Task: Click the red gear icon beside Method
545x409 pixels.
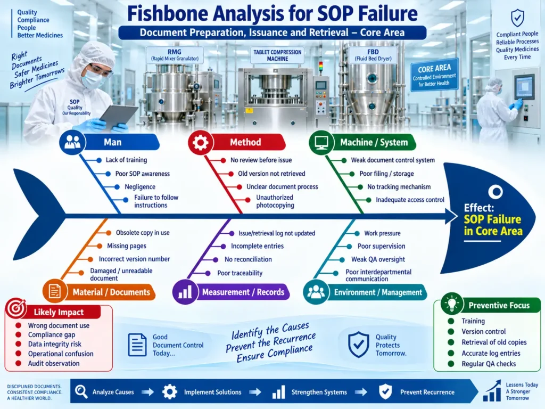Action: pyautogui.click(x=201, y=142)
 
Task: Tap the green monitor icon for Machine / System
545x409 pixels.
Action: pyautogui.click(x=321, y=142)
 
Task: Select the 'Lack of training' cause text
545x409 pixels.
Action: pyautogui.click(x=126, y=160)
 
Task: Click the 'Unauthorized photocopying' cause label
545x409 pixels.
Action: pyautogui.click(x=275, y=201)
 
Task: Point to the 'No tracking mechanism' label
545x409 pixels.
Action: pyautogui.click(x=399, y=187)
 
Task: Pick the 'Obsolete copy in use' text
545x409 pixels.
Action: pyautogui.click(x=143, y=233)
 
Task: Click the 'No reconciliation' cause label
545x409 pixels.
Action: pyautogui.click(x=248, y=259)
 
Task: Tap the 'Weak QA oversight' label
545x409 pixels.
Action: pyautogui.click(x=378, y=259)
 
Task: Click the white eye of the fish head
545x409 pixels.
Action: pyautogui.click(x=495, y=191)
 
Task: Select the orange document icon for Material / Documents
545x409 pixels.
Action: pyautogui.click(x=55, y=291)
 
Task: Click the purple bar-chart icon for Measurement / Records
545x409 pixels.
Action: pyautogui.click(x=185, y=292)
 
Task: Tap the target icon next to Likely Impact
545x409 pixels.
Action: pyautogui.click(x=16, y=308)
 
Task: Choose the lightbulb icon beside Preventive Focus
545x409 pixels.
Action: pyautogui.click(x=451, y=304)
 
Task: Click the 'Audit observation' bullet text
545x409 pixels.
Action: pyautogui.click(x=54, y=363)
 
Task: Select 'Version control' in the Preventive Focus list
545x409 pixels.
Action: pyautogui.click(x=483, y=332)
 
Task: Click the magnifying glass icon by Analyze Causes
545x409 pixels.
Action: pyautogui.click(x=81, y=391)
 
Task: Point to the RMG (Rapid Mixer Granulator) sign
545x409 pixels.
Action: pyautogui.click(x=175, y=55)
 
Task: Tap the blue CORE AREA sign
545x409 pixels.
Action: pyautogui.click(x=434, y=75)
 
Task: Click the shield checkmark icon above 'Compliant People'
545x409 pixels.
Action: pyautogui.click(x=517, y=18)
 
